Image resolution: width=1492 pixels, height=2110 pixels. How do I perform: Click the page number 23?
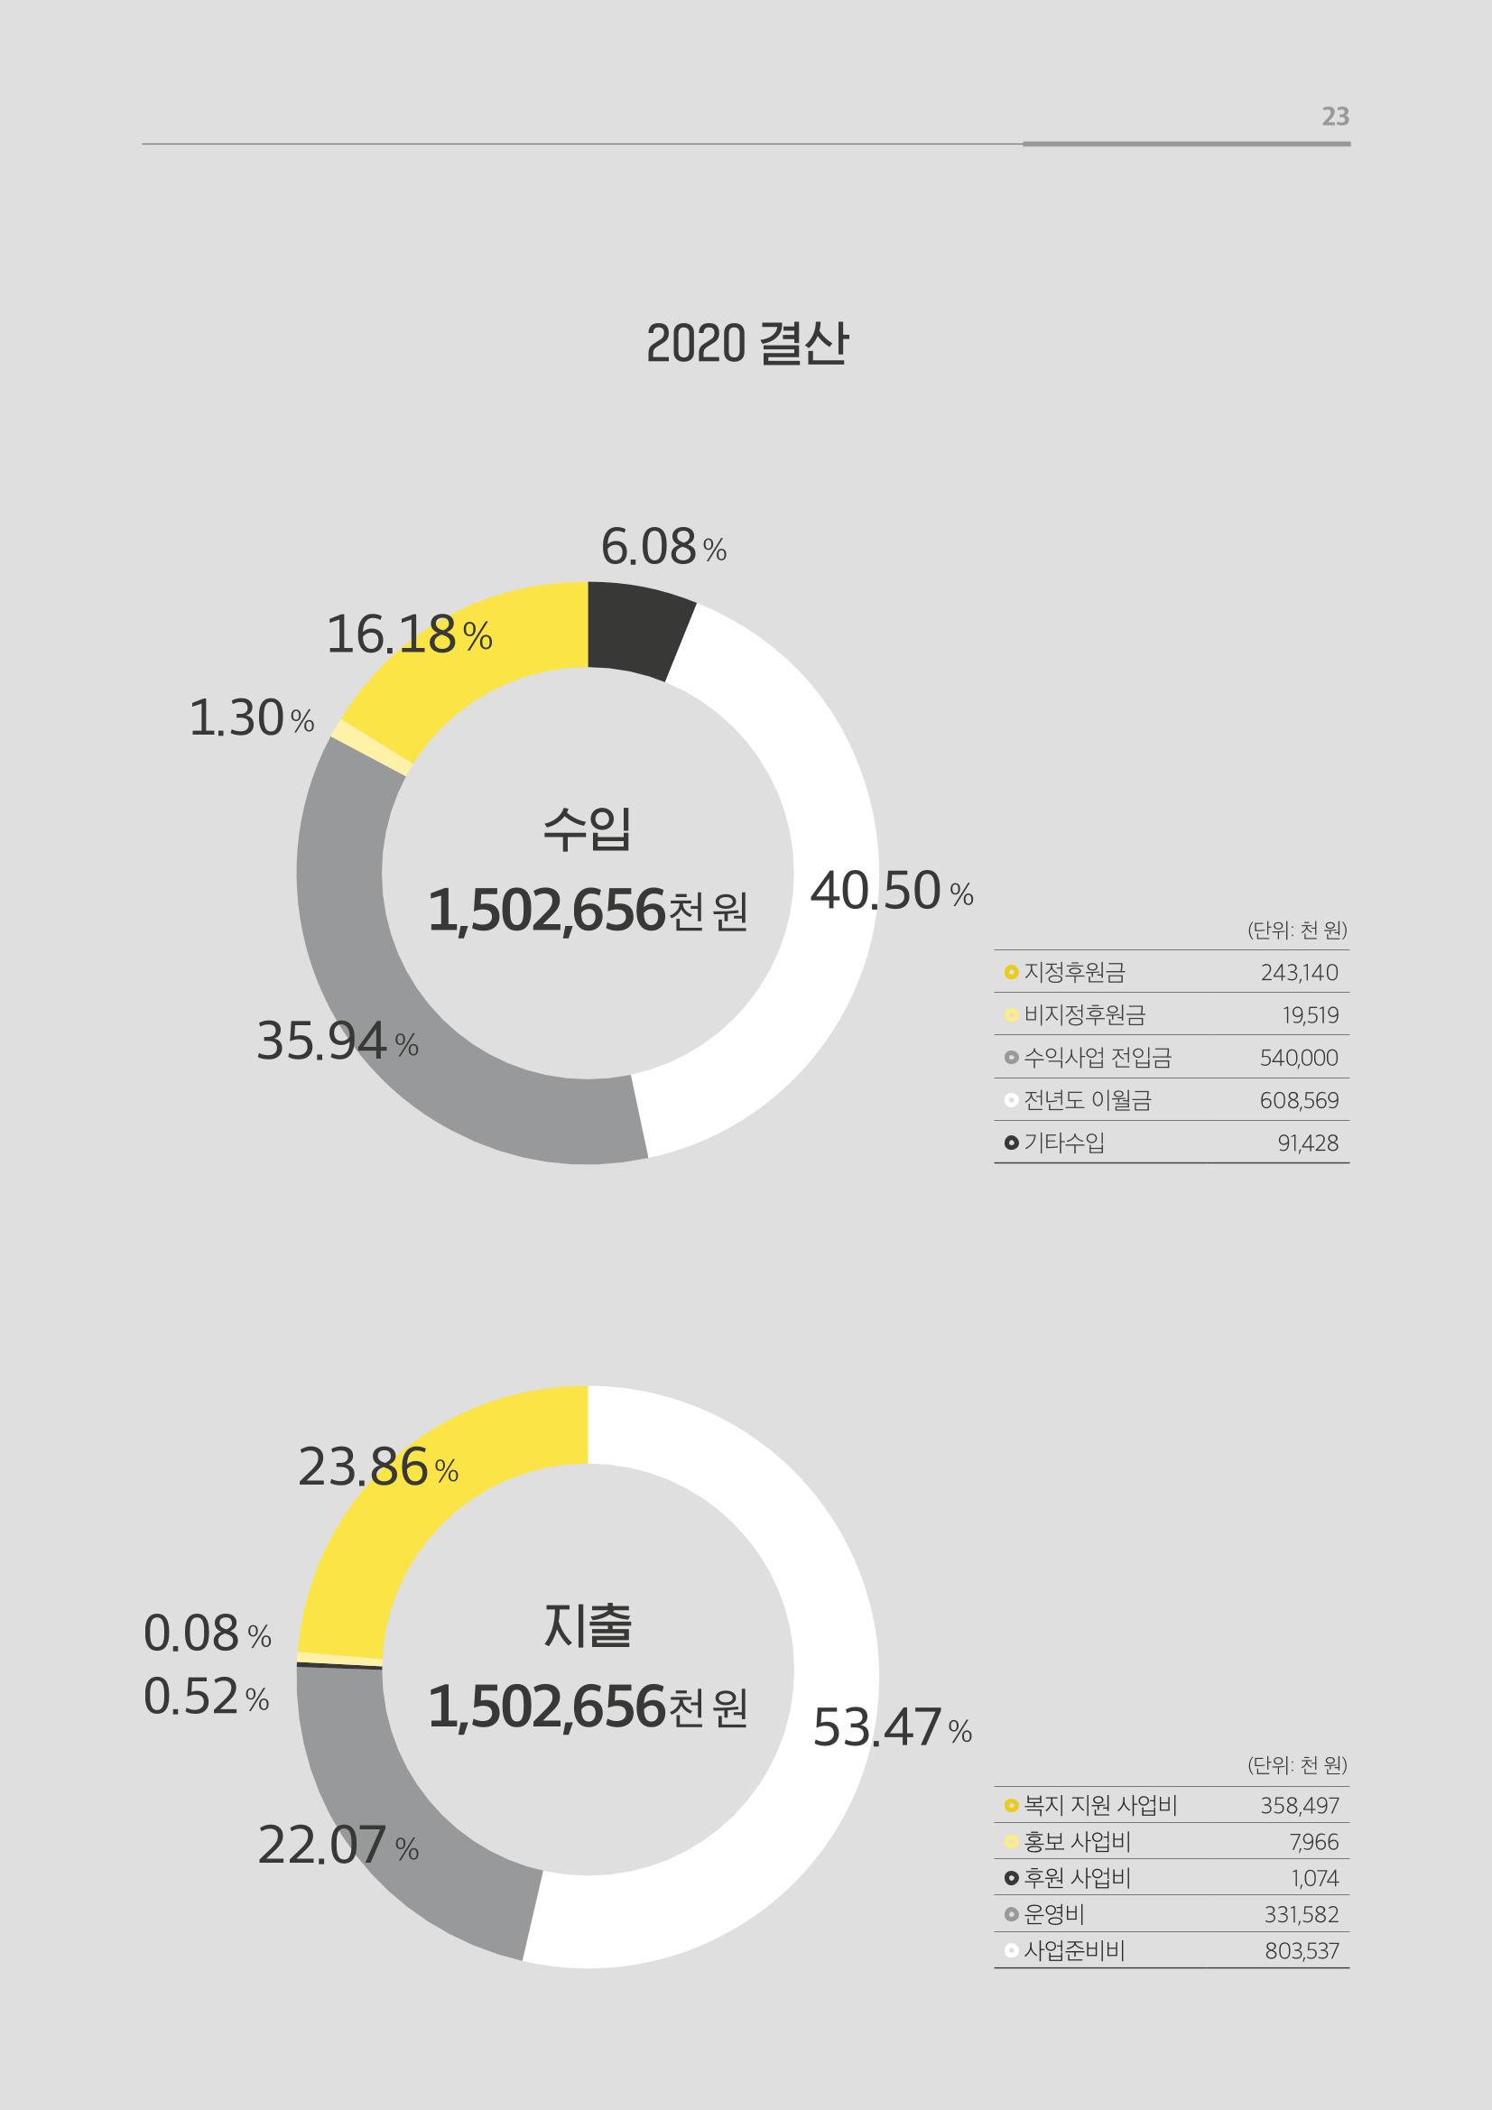(1335, 116)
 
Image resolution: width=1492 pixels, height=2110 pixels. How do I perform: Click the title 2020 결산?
(746, 345)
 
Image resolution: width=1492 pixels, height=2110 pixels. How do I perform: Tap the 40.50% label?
(891, 892)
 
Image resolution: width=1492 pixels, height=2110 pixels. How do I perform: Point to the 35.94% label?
(338, 1042)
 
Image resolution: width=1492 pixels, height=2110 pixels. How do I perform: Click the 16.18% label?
(409, 635)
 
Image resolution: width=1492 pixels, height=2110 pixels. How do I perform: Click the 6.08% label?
(663, 548)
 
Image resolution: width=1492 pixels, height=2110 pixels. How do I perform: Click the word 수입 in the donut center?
(588, 828)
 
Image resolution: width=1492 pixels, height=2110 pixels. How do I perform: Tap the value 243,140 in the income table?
(1299, 972)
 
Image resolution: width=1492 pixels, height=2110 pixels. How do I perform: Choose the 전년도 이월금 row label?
(1088, 1100)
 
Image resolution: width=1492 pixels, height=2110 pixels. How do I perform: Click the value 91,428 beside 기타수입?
(1307, 1143)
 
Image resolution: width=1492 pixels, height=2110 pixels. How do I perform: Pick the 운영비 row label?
(1053, 1915)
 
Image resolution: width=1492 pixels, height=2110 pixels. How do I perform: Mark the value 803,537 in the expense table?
(1302, 1951)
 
